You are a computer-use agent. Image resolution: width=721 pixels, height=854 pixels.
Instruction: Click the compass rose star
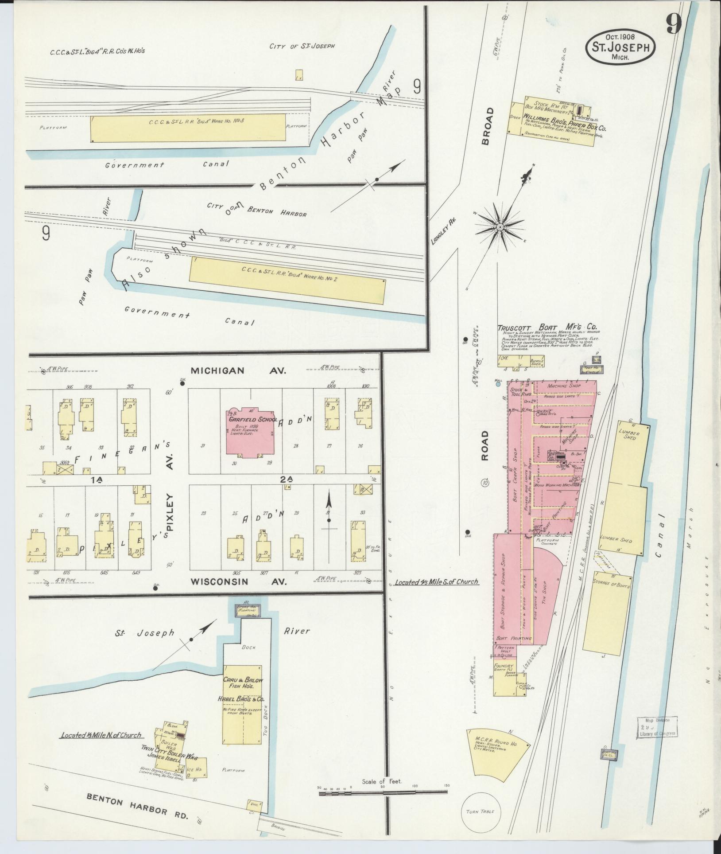500,226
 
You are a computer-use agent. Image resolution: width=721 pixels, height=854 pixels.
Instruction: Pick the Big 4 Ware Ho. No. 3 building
188,128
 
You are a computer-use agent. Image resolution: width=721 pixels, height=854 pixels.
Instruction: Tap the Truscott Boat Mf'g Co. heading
547,329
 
